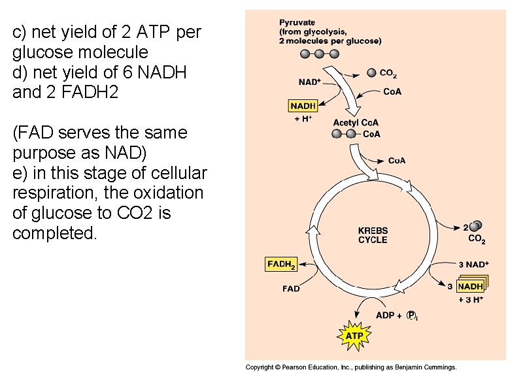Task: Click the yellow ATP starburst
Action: coord(354,336)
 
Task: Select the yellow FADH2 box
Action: coord(282,265)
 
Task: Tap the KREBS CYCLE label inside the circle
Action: coord(373,235)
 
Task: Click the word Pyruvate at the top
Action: coord(297,22)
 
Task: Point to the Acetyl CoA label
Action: coord(356,122)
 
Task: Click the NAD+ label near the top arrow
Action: coord(309,82)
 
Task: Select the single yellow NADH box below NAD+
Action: coord(303,105)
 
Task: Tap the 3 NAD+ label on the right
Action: coord(474,265)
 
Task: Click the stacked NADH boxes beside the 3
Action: coord(472,286)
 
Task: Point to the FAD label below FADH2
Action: coord(291,288)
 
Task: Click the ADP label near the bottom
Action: coord(386,315)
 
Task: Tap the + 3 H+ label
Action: coord(471,300)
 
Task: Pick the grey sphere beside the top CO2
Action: coord(371,73)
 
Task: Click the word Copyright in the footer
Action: coord(260,367)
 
